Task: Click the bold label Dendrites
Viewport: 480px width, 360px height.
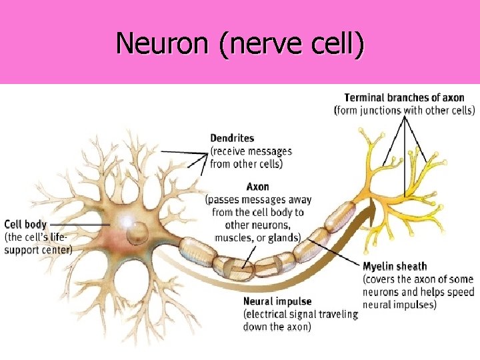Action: pyautogui.click(x=232, y=138)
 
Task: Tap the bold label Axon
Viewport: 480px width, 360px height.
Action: pyautogui.click(x=258, y=187)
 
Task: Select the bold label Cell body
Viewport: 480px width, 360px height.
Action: pyautogui.click(x=25, y=225)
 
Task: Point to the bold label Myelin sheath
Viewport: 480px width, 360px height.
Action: pyautogui.click(x=395, y=267)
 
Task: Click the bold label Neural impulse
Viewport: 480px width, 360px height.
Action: pyautogui.click(x=277, y=302)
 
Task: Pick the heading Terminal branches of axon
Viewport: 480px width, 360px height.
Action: pyautogui.click(x=404, y=98)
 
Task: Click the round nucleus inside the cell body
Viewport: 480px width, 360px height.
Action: pyautogui.click(x=138, y=232)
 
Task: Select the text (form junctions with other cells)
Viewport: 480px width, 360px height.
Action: pyautogui.click(x=404, y=111)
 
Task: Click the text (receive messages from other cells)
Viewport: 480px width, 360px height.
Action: pyautogui.click(x=251, y=157)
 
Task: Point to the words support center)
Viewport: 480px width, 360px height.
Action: pyautogui.click(x=38, y=249)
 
